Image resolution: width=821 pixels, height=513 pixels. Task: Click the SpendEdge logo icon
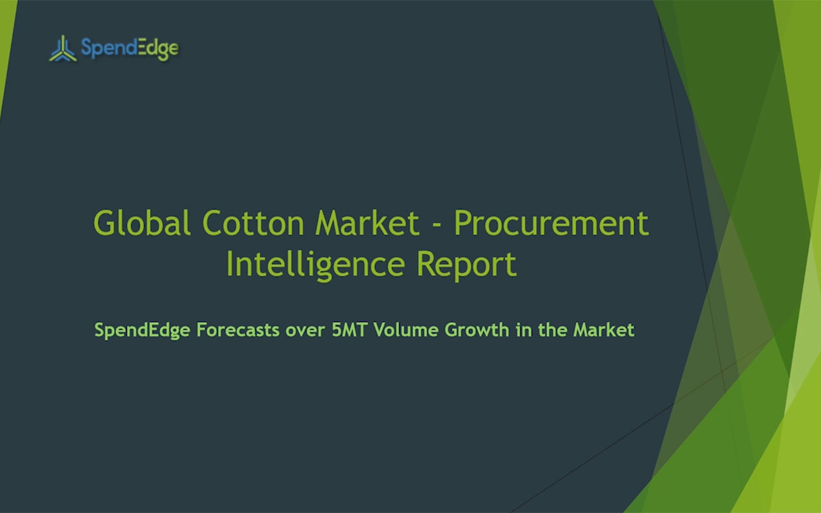[63, 48]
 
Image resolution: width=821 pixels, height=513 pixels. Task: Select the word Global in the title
[142, 223]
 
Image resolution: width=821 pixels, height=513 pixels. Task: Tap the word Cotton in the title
[253, 223]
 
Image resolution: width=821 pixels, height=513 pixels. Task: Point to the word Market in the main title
[367, 223]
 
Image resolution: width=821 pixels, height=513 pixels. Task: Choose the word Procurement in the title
[551, 223]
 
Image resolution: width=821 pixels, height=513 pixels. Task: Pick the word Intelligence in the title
[316, 265]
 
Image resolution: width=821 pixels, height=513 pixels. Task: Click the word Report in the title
[466, 265]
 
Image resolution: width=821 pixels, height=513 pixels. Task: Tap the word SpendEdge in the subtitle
[142, 330]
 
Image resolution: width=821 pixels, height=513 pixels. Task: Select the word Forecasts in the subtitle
[238, 330]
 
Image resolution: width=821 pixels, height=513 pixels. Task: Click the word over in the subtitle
[305, 332]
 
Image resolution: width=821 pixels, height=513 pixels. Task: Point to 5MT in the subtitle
[350, 330]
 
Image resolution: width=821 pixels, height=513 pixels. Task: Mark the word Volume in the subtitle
[406, 330]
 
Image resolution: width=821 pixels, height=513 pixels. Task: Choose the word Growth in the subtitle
[477, 330]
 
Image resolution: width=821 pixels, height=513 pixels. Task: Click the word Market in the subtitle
[604, 330]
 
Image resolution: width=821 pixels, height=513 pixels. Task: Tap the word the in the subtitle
[552, 330]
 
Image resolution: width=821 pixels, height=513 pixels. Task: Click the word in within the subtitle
[523, 330]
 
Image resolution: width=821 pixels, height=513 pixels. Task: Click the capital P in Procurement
[462, 223]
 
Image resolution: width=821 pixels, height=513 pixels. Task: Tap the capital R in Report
[426, 264]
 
